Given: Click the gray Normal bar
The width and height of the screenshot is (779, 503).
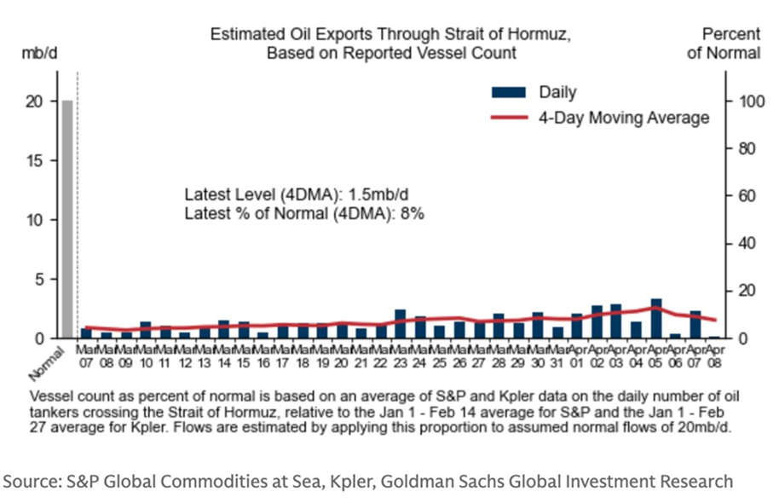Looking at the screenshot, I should coord(67,219).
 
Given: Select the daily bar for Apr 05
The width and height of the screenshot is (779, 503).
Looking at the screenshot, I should coord(655,319).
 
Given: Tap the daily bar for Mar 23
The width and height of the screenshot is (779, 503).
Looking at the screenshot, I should coord(400,324).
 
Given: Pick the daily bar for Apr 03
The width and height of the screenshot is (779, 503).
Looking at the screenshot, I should coord(616,321).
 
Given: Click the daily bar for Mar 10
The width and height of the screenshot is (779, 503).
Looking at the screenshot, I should coord(145,330).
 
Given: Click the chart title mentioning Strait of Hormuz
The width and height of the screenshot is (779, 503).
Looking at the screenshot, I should coord(391,43).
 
